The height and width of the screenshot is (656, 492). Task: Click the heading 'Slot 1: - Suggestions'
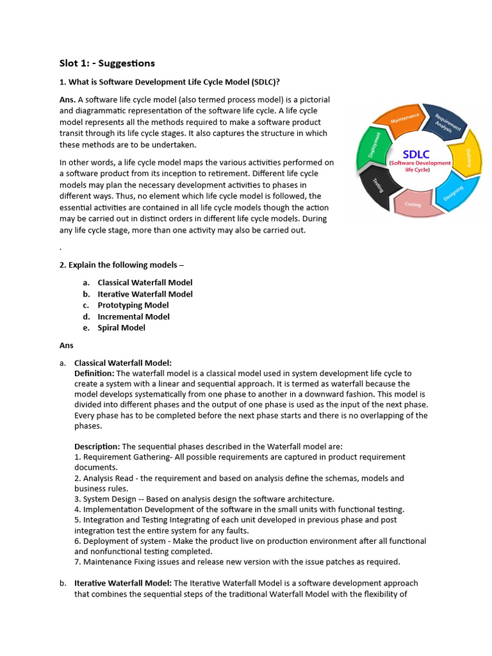click(107, 63)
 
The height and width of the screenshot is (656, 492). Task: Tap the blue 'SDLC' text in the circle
click(416, 154)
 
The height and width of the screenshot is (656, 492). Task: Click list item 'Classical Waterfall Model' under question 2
click(145, 283)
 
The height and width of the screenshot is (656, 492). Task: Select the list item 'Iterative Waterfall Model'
click(145, 294)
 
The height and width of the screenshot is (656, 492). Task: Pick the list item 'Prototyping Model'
click(133, 305)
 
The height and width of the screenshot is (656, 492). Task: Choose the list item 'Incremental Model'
click(133, 316)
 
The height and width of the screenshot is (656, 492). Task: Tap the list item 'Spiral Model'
click(121, 327)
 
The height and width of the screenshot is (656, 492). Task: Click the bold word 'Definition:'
click(94, 373)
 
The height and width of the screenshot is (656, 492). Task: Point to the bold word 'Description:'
click(97, 447)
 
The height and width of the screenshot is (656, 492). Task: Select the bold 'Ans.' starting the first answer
click(67, 100)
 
